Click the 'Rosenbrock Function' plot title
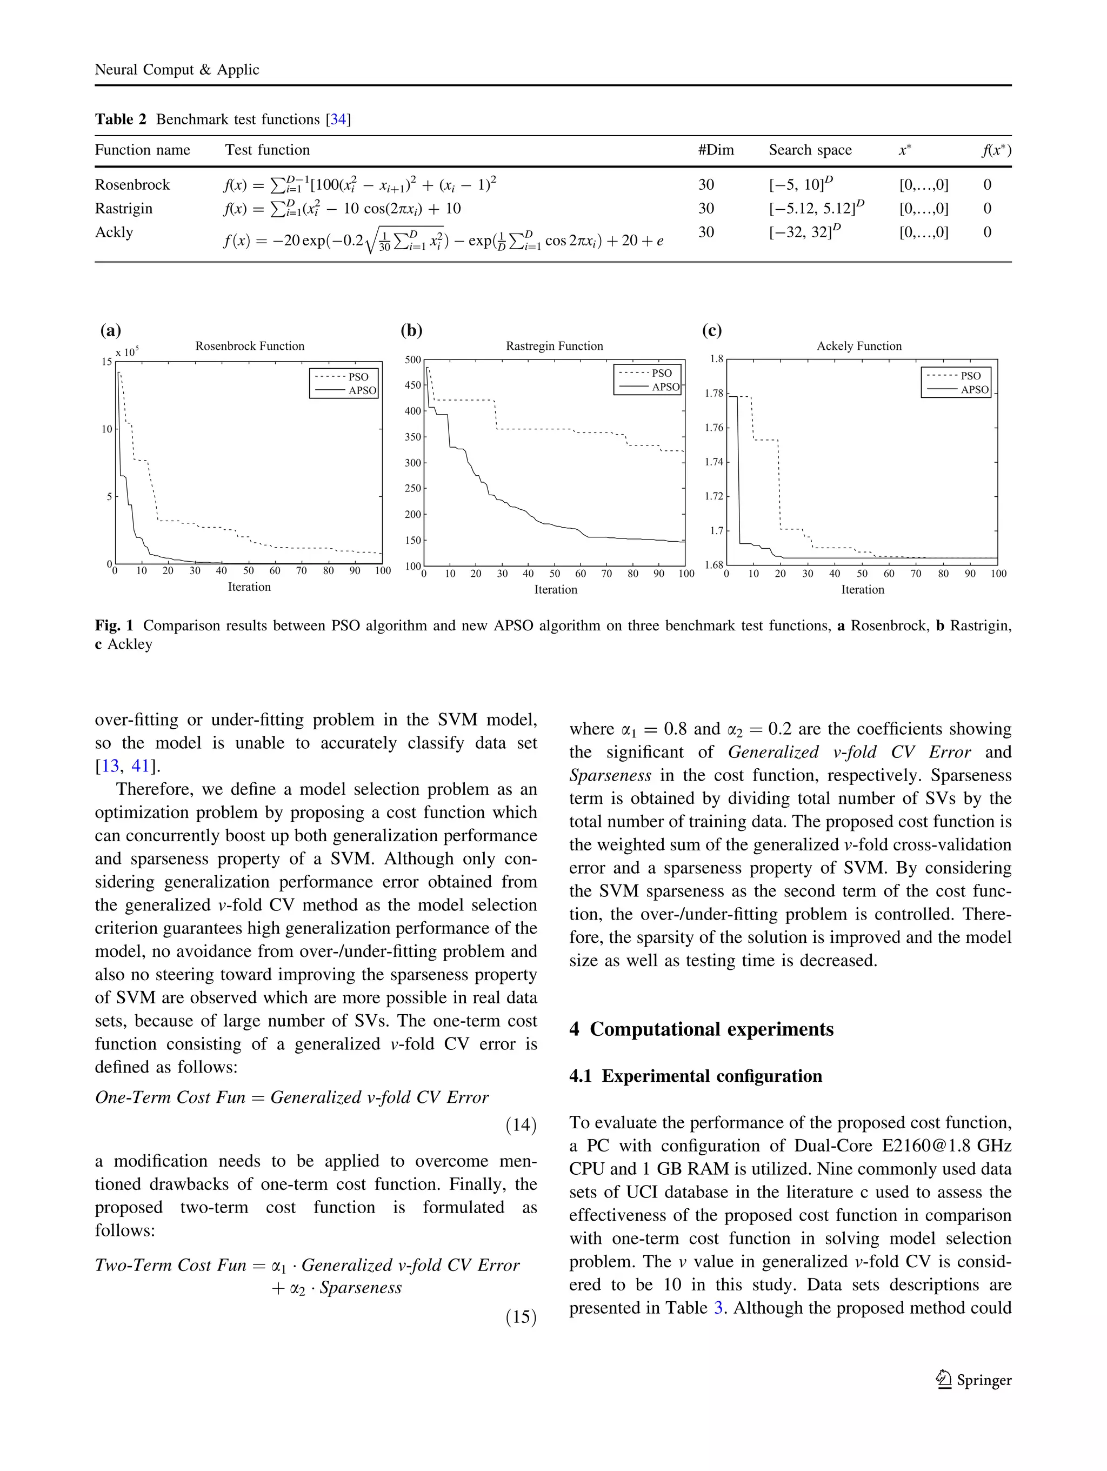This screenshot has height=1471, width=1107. (x=249, y=346)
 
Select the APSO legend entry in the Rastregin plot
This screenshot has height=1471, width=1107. (x=665, y=387)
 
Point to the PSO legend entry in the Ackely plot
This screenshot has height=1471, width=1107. (x=970, y=376)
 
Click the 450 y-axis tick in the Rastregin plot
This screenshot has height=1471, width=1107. (x=412, y=385)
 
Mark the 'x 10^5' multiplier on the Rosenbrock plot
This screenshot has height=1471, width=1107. (x=126, y=352)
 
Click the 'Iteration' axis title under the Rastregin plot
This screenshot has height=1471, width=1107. (x=555, y=589)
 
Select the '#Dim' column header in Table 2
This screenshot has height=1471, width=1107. (x=716, y=150)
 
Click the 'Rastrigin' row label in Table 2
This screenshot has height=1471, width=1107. (x=124, y=209)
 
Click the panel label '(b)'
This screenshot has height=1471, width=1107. (x=411, y=330)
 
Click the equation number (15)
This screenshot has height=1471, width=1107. (x=521, y=1317)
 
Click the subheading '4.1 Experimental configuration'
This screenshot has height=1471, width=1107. (x=696, y=1076)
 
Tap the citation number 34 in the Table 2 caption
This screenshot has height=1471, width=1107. (x=338, y=119)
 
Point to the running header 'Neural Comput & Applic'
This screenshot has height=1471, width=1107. (x=177, y=70)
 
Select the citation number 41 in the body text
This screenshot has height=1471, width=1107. (x=141, y=766)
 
